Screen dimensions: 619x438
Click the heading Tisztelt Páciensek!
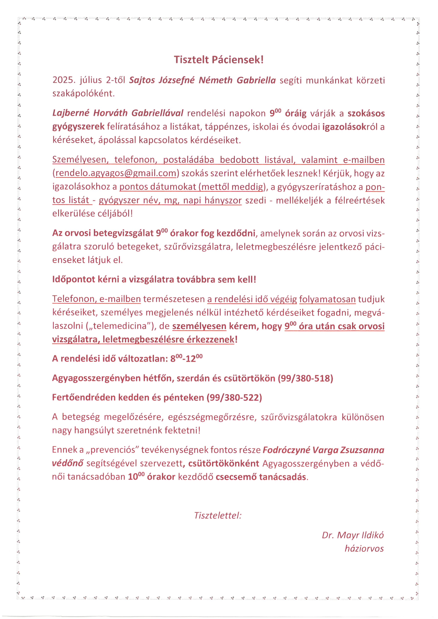(x=218, y=60)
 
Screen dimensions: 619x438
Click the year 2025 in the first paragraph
(x=62, y=80)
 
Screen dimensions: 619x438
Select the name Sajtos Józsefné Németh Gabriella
(x=202, y=80)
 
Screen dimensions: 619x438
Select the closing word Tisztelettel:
(x=218, y=515)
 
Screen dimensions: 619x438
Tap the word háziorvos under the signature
(x=364, y=548)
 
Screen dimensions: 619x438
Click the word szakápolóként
(x=84, y=93)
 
